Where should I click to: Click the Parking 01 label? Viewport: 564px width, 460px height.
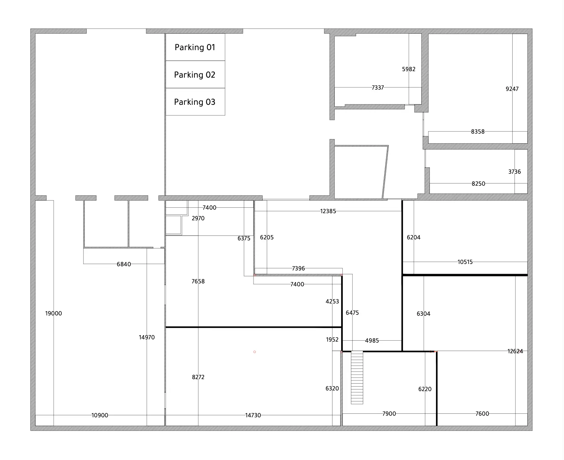pyautogui.click(x=195, y=48)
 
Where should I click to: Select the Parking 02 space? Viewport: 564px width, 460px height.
pyautogui.click(x=195, y=74)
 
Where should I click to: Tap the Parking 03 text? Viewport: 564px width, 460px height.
pyautogui.click(x=195, y=102)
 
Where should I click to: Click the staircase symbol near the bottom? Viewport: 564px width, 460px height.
pyautogui.click(x=357, y=378)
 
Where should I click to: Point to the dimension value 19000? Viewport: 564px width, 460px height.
pyautogui.click(x=53, y=313)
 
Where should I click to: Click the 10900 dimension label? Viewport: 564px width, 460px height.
pyautogui.click(x=100, y=415)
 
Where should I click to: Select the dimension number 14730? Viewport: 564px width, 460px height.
pyautogui.click(x=253, y=415)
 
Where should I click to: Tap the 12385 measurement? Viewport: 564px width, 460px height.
pyautogui.click(x=328, y=211)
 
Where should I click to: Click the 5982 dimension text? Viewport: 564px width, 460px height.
pyautogui.click(x=408, y=69)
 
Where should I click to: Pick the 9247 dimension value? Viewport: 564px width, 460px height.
pyautogui.click(x=512, y=89)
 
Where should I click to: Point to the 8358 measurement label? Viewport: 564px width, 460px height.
pyautogui.click(x=478, y=132)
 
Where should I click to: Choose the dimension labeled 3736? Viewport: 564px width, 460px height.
pyautogui.click(x=514, y=172)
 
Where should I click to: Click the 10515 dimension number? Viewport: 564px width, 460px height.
pyautogui.click(x=465, y=262)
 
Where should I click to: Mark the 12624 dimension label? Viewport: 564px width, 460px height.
pyautogui.click(x=515, y=351)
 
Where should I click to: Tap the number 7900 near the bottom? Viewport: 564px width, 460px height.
pyautogui.click(x=389, y=414)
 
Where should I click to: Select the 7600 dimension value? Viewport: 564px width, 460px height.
pyautogui.click(x=482, y=414)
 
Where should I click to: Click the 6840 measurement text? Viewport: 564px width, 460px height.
pyautogui.click(x=124, y=264)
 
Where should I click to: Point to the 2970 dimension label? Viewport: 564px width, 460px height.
pyautogui.click(x=198, y=218)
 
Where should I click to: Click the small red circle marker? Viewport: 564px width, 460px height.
pyautogui.click(x=255, y=352)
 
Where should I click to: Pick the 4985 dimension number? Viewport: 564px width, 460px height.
pyautogui.click(x=372, y=341)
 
